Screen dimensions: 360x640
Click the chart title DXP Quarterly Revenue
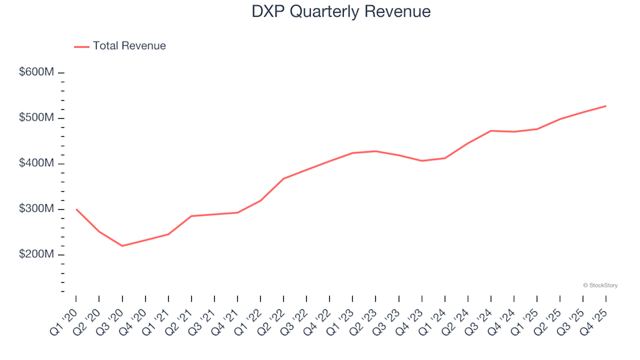tap(341, 12)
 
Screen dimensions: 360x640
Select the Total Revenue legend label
tap(129, 46)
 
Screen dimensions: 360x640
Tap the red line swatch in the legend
tap(81, 47)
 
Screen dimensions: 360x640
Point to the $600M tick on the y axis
tap(61, 73)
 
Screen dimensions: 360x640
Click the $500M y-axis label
tap(37, 118)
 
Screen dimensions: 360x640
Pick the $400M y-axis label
tap(37, 164)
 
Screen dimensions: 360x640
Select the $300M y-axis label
tap(37, 209)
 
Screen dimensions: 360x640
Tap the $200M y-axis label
tap(37, 255)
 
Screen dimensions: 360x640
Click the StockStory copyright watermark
tap(600, 285)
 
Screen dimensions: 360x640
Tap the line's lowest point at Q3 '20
tap(122, 246)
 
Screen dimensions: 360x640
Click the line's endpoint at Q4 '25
tap(606, 106)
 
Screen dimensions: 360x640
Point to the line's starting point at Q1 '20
tap(76, 209)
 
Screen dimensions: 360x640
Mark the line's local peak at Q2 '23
tap(375, 151)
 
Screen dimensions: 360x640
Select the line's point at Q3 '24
tap(491, 131)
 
